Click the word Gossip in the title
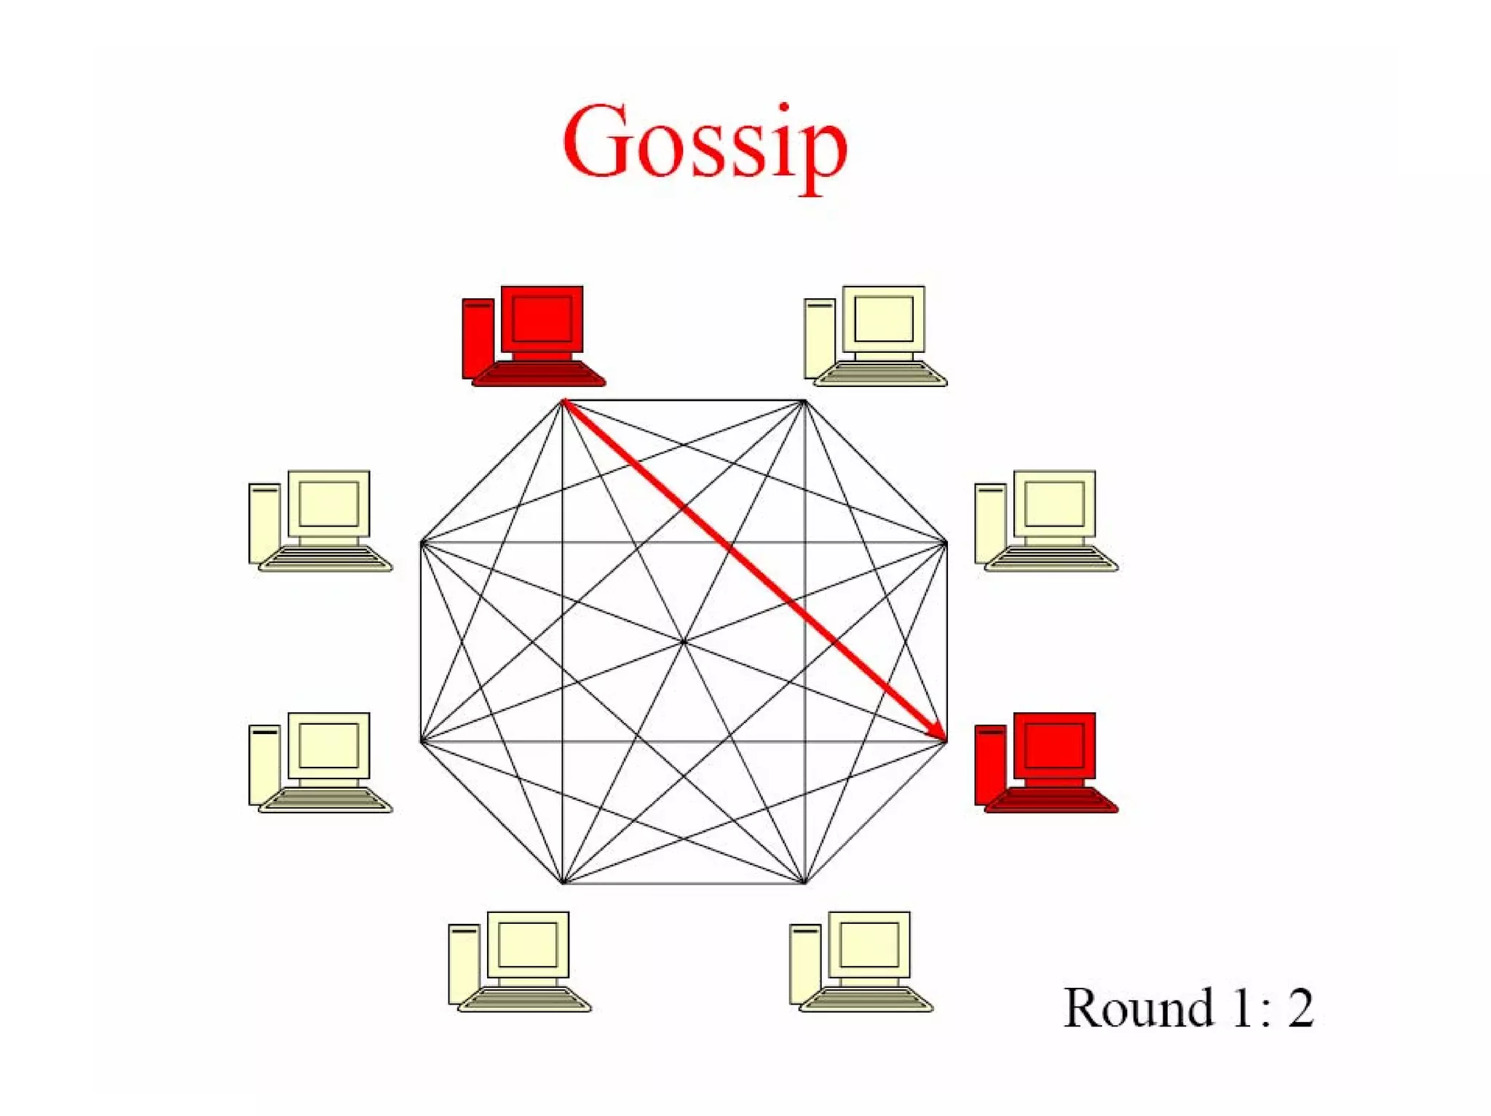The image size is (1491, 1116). click(705, 143)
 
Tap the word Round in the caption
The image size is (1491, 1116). click(1138, 1008)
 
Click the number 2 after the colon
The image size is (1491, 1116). click(1300, 1008)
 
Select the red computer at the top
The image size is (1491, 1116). click(533, 335)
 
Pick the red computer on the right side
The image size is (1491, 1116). click(1045, 762)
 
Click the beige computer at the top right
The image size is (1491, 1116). click(874, 335)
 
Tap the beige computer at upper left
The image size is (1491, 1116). click(320, 520)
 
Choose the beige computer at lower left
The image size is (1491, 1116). click(320, 762)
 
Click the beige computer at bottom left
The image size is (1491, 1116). click(519, 961)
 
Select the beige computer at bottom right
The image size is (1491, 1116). click(861, 961)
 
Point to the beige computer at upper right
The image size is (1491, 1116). click(1045, 520)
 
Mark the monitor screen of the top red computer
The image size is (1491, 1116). click(542, 319)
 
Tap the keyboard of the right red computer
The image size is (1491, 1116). click(1051, 800)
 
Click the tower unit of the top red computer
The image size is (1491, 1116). click(478, 338)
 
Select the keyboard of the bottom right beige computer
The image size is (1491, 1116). click(866, 1000)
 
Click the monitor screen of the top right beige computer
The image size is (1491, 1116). click(883, 319)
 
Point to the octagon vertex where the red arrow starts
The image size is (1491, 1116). click(563, 400)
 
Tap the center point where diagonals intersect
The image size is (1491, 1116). click(684, 642)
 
